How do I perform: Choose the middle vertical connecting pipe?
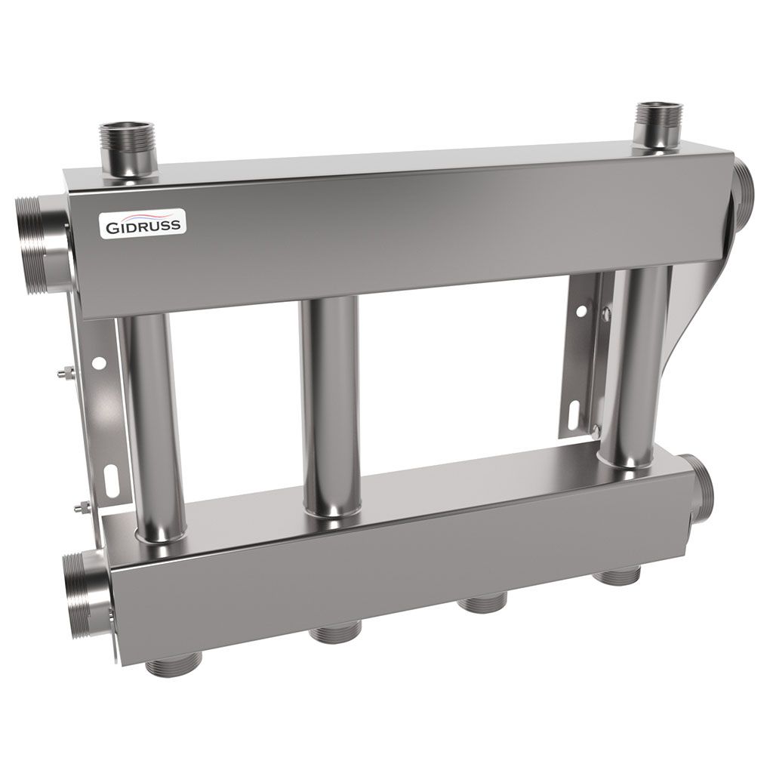(331, 408)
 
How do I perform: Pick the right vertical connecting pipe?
(639, 362)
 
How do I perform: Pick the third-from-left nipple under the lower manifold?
(483, 603)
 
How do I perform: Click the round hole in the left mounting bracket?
(97, 363)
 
